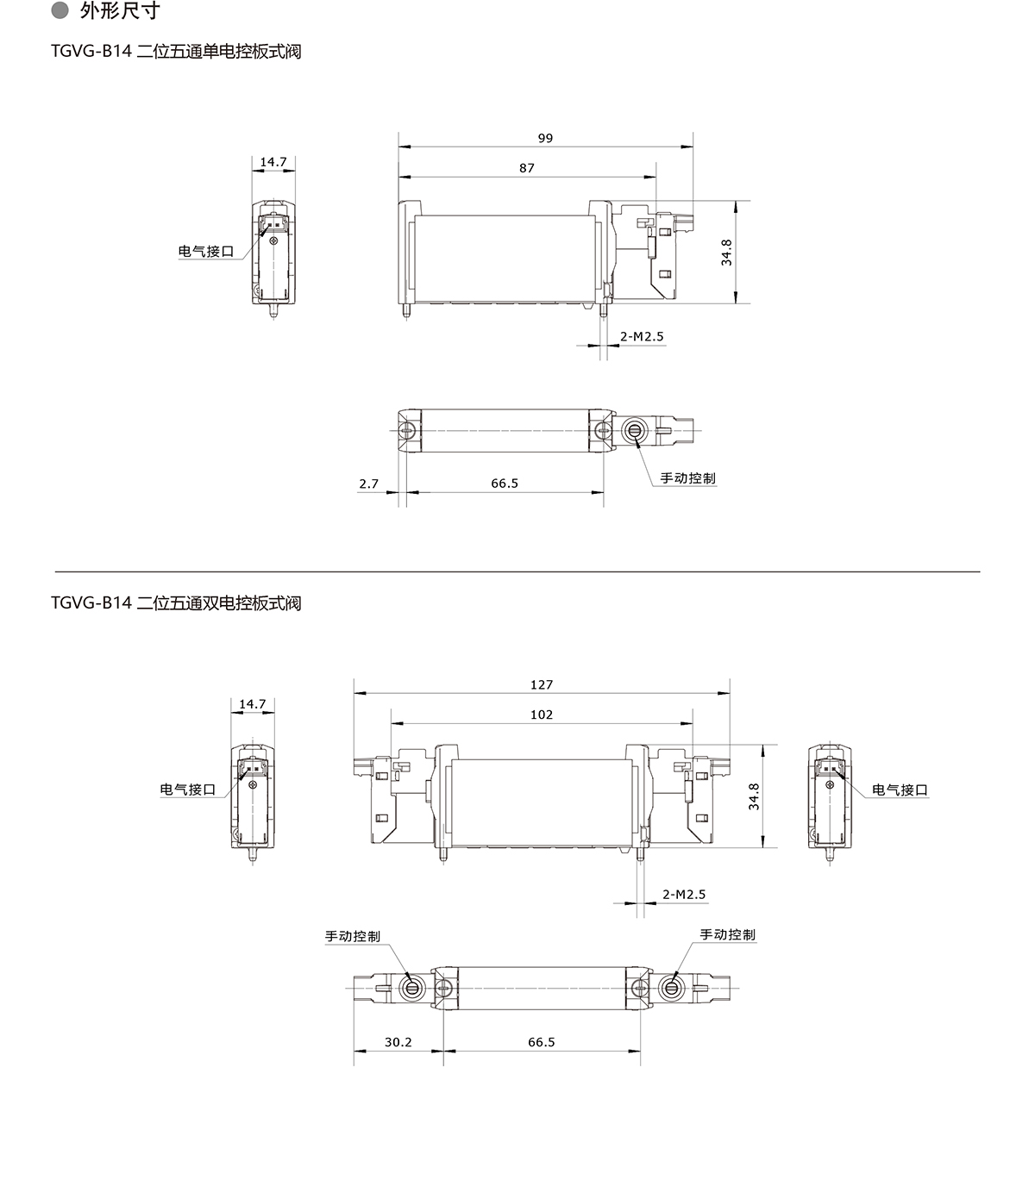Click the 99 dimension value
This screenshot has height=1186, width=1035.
[545, 139]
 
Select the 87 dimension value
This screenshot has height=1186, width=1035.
[526, 168]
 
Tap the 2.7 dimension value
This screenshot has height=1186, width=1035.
[369, 484]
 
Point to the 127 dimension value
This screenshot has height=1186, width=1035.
[542, 684]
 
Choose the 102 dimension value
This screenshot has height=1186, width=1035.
[542, 715]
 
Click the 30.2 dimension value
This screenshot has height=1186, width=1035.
[398, 1042]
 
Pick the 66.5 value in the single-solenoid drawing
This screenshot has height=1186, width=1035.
[505, 484]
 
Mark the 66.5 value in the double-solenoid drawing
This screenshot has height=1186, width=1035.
[542, 1042]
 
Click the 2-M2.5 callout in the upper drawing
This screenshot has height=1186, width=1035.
[642, 337]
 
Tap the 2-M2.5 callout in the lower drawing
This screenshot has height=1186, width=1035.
[684, 895]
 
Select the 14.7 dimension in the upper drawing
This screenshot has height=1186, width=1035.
[273, 162]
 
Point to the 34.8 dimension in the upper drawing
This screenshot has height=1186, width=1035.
[726, 253]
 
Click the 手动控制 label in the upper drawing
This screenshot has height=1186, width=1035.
[687, 478]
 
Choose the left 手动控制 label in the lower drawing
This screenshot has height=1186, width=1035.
[353, 936]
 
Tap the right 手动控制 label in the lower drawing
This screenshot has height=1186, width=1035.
[727, 934]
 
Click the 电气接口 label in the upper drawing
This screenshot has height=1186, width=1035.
[206, 252]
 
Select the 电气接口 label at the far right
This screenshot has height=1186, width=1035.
[900, 790]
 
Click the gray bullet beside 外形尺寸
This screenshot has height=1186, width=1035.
[60, 10]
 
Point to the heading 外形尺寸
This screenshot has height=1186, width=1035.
[119, 10]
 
